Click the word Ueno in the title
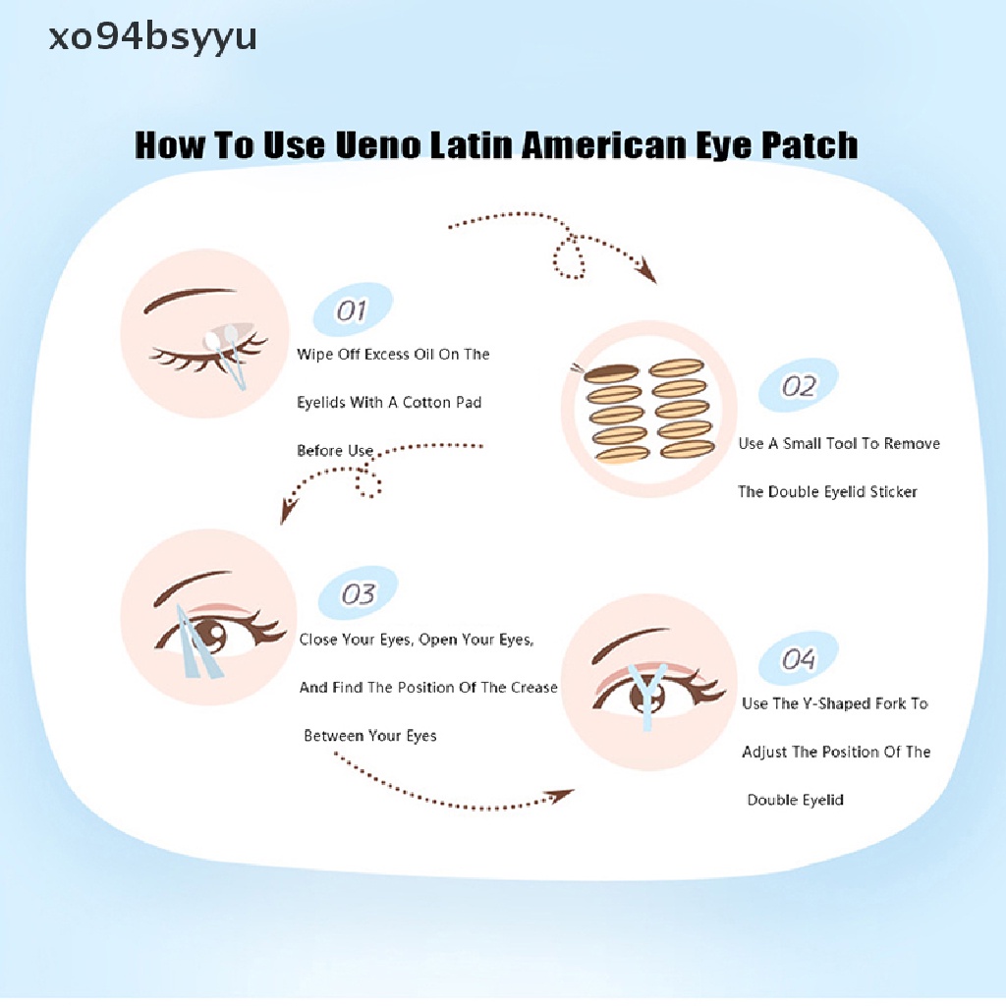click(376, 145)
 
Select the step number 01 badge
click(351, 311)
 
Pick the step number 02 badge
click(799, 386)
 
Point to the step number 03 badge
click(358, 594)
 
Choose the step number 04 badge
click(798, 658)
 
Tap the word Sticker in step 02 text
click(893, 491)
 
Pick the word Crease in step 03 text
click(533, 688)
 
